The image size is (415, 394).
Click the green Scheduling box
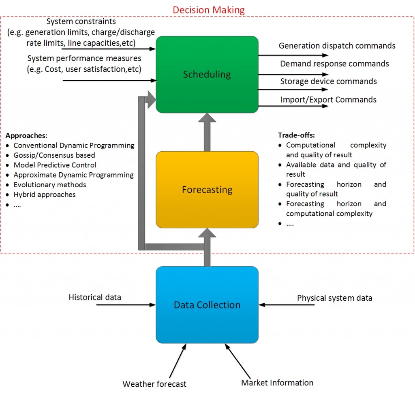click(207, 74)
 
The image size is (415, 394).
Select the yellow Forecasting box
click(207, 189)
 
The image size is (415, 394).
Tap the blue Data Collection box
click(207, 304)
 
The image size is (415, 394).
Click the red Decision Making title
click(209, 9)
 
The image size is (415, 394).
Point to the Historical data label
click(95, 297)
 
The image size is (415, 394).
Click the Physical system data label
click(335, 298)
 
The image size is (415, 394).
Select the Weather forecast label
click(154, 383)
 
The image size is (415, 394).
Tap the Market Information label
click(277, 382)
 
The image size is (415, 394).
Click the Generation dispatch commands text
click(337, 46)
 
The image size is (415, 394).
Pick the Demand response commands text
click(334, 64)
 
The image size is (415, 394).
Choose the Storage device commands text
click(328, 81)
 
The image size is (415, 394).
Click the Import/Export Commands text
click(328, 99)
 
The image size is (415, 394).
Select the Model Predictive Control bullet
click(55, 165)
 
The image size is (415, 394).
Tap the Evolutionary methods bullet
click(50, 184)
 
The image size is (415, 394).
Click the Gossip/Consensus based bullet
click(54, 155)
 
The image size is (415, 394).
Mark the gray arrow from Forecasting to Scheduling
click(207, 132)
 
